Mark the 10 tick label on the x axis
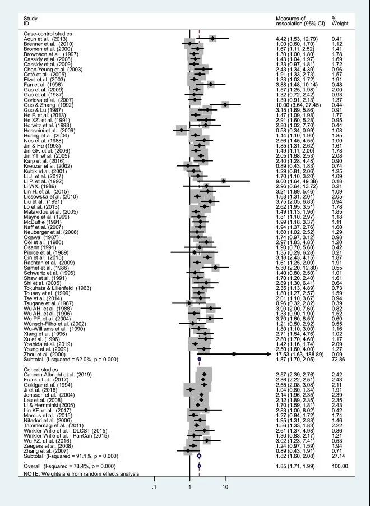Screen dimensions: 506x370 pos(225,486)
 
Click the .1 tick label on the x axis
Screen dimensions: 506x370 pos(154,486)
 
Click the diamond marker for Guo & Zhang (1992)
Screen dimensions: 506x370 pos(225,104)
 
